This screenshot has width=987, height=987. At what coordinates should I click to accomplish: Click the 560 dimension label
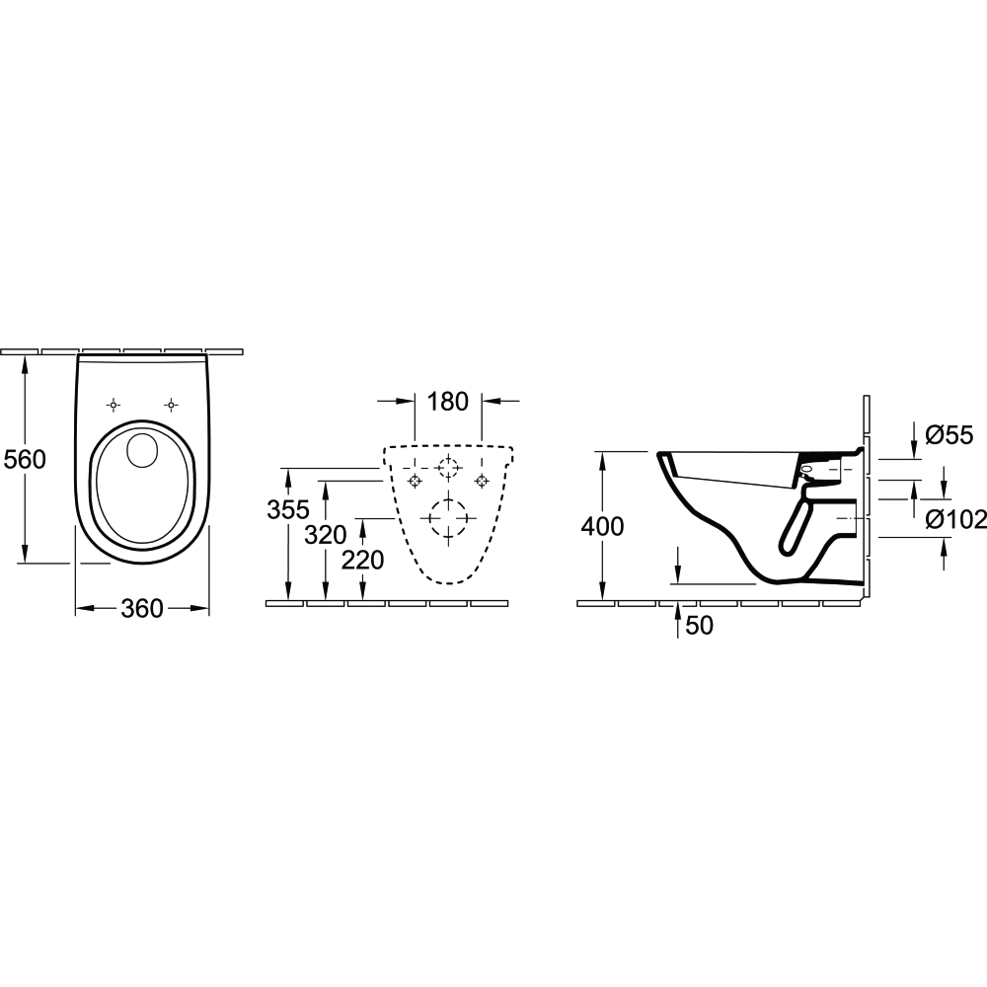click(x=26, y=460)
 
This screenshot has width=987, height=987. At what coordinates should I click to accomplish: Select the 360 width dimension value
click(x=141, y=609)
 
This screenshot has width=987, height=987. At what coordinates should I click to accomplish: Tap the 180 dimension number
click(x=447, y=401)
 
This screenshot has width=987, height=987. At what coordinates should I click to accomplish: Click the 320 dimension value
click(x=326, y=535)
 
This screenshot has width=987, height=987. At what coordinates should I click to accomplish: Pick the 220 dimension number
click(x=362, y=560)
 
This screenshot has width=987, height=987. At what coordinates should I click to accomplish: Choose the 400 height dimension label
click(x=602, y=526)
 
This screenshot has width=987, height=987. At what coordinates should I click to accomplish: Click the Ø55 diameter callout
click(x=949, y=435)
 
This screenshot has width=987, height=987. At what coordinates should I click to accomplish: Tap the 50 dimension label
click(x=700, y=626)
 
